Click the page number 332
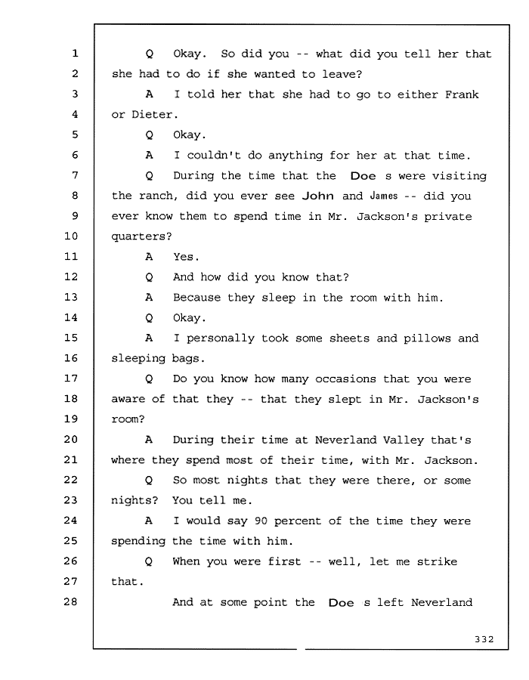[x=484, y=638]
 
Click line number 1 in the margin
[x=75, y=53]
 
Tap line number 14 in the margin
[x=71, y=317]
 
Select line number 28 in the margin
[x=71, y=601]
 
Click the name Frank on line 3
[x=462, y=94]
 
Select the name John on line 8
[x=318, y=196]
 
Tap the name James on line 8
[x=384, y=196]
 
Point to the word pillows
[x=427, y=338]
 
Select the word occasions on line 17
[x=345, y=379]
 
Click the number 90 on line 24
[x=261, y=521]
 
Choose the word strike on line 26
[x=437, y=561]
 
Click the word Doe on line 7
[x=363, y=175]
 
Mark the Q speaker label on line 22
[x=148, y=481]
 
